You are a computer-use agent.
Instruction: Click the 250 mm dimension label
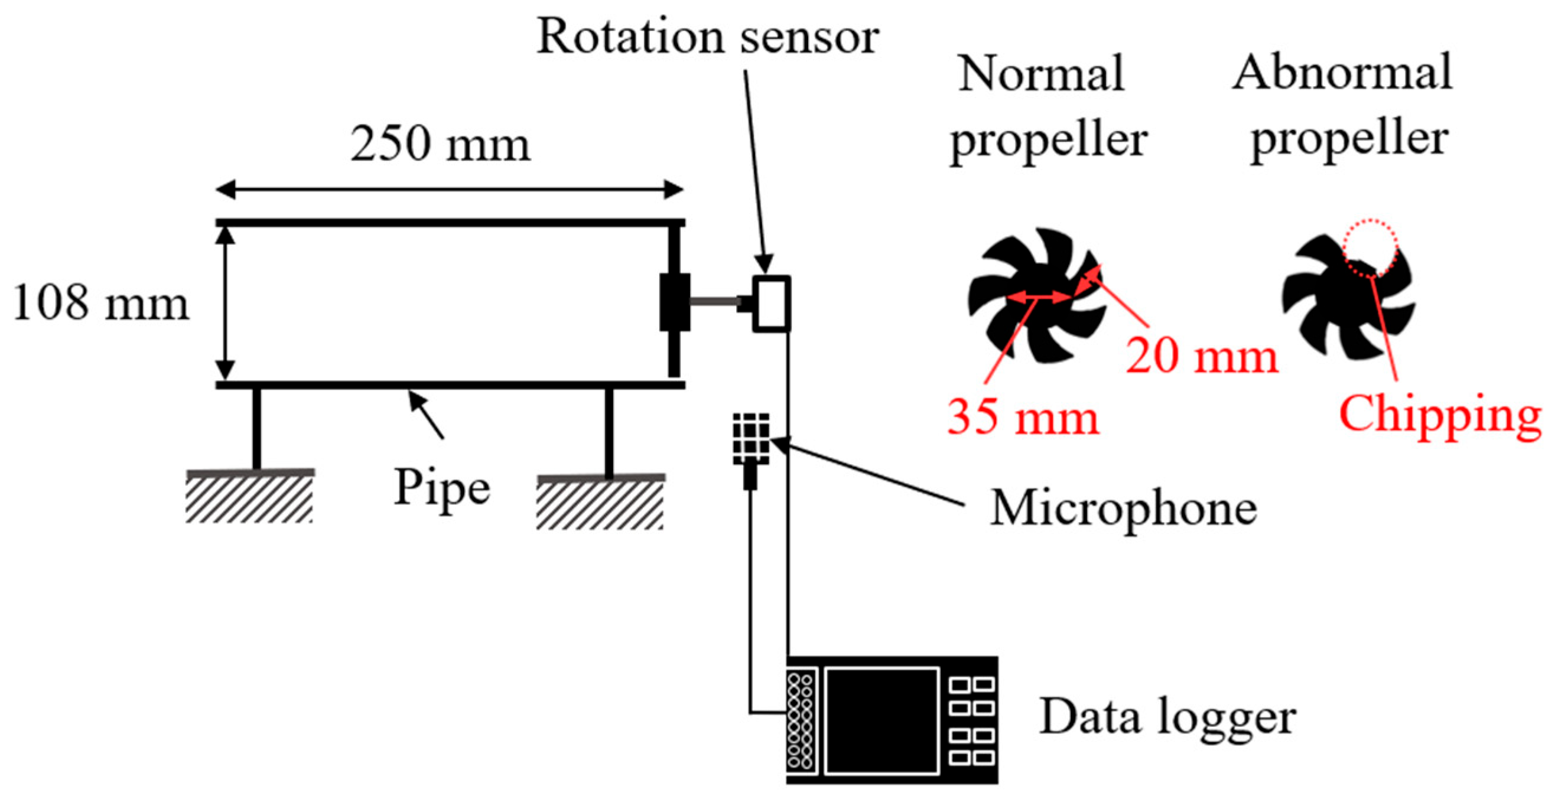pyautogui.click(x=440, y=144)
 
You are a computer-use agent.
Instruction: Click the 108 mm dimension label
pyautogui.click(x=100, y=303)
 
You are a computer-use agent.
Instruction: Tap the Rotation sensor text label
pyautogui.click(x=707, y=37)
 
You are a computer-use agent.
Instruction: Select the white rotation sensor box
pyautogui.click(x=771, y=304)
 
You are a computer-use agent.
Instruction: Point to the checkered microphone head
pyautogui.click(x=751, y=438)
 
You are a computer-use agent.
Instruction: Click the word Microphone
pyautogui.click(x=1123, y=508)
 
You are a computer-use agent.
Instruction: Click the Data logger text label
pyautogui.click(x=1167, y=717)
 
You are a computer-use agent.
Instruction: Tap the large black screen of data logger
pyautogui.click(x=881, y=720)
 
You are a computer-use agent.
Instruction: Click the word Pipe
pyautogui.click(x=442, y=488)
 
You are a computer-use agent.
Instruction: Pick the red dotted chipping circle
pyautogui.click(x=1370, y=247)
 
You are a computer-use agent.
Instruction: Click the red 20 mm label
pyautogui.click(x=1201, y=356)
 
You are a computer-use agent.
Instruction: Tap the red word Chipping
pyautogui.click(x=1440, y=415)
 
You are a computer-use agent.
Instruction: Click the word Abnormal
pyautogui.click(x=1342, y=73)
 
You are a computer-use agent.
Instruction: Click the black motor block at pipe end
pyautogui.click(x=674, y=302)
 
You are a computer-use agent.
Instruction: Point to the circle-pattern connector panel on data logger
pyautogui.click(x=802, y=720)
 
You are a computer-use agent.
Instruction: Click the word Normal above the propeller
pyautogui.click(x=1041, y=74)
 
